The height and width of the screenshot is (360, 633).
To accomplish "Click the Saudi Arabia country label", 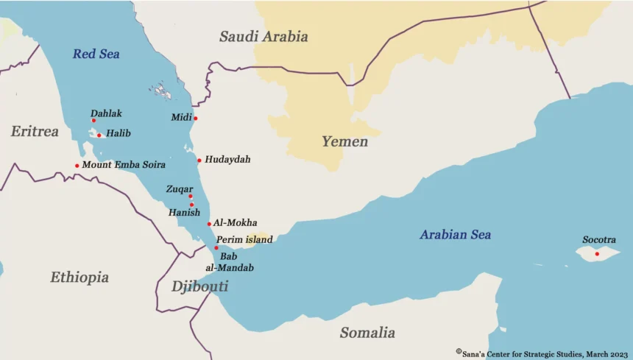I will (x=264, y=36).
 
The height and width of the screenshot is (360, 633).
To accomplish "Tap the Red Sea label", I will (x=96, y=54).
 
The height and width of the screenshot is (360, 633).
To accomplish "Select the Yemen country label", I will (x=344, y=141).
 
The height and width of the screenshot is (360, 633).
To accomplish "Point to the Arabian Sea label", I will (x=455, y=235).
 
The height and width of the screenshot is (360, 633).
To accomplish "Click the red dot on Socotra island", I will (x=597, y=254).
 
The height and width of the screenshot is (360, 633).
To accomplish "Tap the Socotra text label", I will (x=598, y=240).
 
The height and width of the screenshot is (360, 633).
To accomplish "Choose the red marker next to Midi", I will (x=196, y=118).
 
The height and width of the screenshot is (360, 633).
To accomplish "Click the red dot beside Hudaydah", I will (x=199, y=160).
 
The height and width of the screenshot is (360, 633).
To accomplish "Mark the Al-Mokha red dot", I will (x=209, y=224).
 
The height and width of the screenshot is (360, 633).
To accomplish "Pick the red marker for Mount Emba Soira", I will (x=77, y=166).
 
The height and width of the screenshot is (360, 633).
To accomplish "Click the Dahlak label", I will (x=106, y=113).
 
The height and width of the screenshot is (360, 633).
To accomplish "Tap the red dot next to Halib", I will (x=99, y=135).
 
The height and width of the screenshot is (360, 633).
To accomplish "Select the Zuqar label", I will (x=180, y=189).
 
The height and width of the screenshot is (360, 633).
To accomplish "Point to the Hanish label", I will (x=184, y=212).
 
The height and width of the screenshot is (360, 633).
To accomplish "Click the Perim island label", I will (x=244, y=239).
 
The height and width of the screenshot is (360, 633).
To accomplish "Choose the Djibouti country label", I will (x=199, y=286).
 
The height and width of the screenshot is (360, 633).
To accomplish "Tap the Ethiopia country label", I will (x=79, y=278).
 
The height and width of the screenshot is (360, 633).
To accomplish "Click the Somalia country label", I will (x=367, y=333).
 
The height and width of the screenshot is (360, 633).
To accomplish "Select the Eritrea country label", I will (x=35, y=132).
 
